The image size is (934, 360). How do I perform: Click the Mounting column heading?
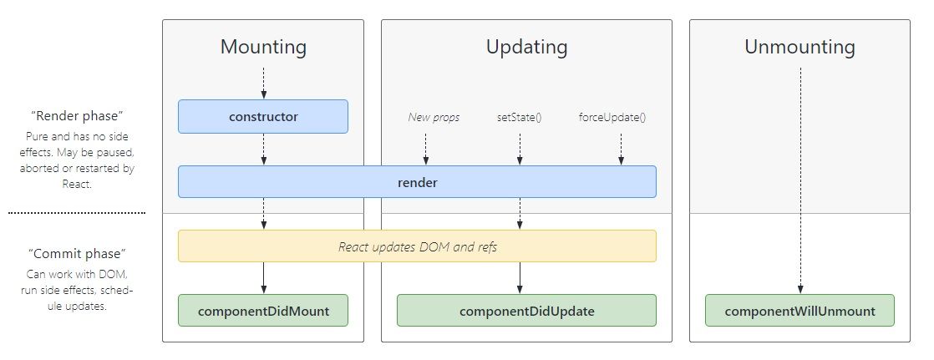click(263, 47)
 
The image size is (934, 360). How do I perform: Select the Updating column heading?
click(526, 47)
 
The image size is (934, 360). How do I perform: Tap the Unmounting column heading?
click(799, 47)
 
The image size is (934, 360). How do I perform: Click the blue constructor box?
click(263, 117)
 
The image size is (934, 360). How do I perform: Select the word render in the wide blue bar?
click(417, 181)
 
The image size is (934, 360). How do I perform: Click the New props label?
click(434, 117)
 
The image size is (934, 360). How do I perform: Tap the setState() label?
click(519, 117)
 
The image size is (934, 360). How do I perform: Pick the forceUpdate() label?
click(612, 117)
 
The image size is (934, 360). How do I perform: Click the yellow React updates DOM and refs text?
click(417, 246)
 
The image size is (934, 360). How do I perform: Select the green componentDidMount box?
click(263, 311)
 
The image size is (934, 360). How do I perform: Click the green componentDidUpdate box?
click(526, 311)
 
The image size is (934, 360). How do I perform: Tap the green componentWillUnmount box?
click(799, 311)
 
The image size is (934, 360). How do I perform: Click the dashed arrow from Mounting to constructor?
click(263, 84)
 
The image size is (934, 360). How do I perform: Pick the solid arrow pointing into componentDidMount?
click(263, 278)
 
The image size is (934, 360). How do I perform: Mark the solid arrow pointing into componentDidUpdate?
click(520, 278)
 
